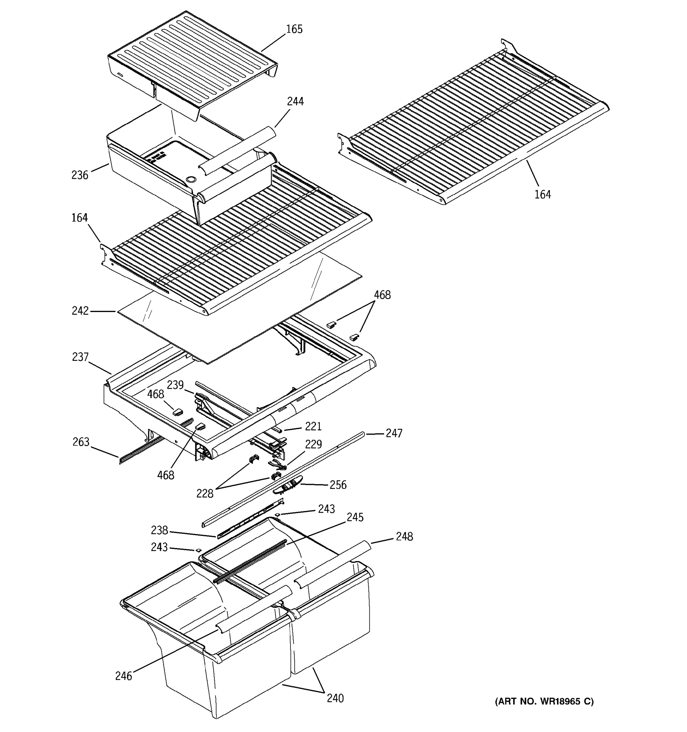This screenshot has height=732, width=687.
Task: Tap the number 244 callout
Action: pyautogui.click(x=295, y=102)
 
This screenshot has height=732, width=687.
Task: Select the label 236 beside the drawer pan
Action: pyautogui.click(x=80, y=175)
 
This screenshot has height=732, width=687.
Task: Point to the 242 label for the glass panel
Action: pyautogui.click(x=80, y=311)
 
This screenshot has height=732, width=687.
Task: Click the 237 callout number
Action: pyautogui.click(x=80, y=357)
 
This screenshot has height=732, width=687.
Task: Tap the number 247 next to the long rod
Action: pyautogui.click(x=394, y=433)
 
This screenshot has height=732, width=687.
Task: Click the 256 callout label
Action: pyautogui.click(x=338, y=485)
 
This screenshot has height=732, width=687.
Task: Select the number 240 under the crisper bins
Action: pyautogui.click(x=335, y=698)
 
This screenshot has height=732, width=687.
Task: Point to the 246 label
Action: pyautogui.click(x=123, y=676)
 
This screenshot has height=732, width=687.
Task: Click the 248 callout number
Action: pyautogui.click(x=404, y=536)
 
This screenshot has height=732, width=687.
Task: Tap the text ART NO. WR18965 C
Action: pyautogui.click(x=544, y=701)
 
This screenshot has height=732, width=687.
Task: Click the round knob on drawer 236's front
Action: pyautogui.click(x=191, y=180)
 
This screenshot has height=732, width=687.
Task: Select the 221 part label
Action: pyautogui.click(x=313, y=426)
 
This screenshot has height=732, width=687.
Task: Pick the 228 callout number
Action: pyautogui.click(x=205, y=494)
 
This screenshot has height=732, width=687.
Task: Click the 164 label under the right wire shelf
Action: pyautogui.click(x=543, y=194)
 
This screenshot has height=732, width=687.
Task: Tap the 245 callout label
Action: pyautogui.click(x=355, y=517)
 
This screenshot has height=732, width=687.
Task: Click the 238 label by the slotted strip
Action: pyautogui.click(x=159, y=531)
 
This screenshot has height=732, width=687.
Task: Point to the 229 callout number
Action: pyautogui.click(x=313, y=444)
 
